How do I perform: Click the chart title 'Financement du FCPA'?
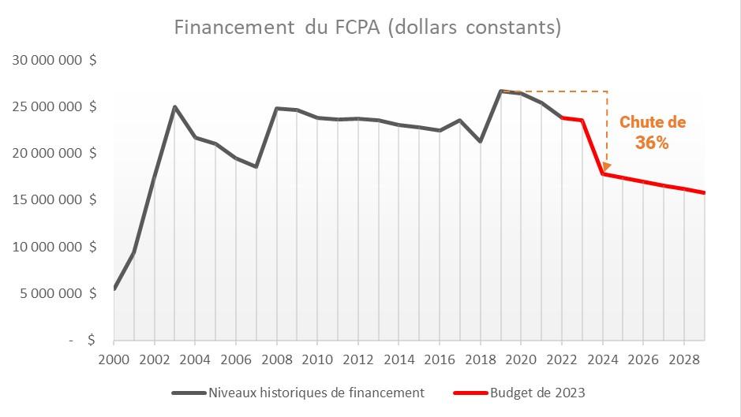[368, 28]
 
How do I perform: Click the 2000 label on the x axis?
[114, 359]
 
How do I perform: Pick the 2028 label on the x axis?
[683, 359]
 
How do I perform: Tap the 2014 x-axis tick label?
[399, 359]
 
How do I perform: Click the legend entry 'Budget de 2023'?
[537, 393]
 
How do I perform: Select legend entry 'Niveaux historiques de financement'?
[316, 393]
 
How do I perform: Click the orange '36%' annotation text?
[652, 143]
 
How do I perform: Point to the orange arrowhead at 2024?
[606, 166]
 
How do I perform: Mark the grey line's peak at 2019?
[501, 91]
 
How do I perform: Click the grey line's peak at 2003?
[174, 106]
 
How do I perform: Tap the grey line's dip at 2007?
[256, 167]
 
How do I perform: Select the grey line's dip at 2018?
[481, 142]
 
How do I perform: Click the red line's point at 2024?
[603, 173]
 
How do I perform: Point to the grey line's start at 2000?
[114, 289]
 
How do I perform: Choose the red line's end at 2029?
[704, 192]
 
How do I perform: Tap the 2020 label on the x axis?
[521, 359]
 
